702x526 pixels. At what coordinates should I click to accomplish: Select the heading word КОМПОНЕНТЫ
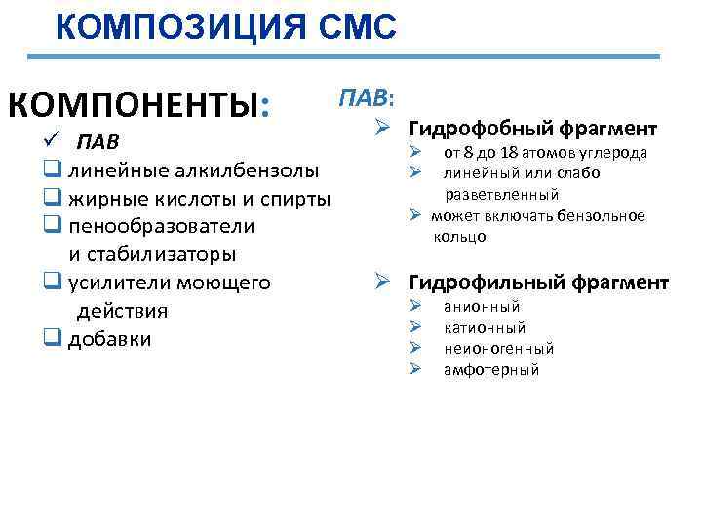[x=135, y=105]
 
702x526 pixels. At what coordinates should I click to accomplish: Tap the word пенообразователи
[x=161, y=227]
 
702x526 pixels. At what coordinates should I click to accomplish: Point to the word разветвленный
[x=502, y=194]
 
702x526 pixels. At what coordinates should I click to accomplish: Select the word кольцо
[x=461, y=237]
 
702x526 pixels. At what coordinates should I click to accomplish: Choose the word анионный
[x=482, y=307]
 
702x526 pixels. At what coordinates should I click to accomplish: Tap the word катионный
[x=485, y=327]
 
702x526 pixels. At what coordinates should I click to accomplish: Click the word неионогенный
[x=498, y=348]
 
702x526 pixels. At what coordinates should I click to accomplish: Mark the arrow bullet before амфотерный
[x=414, y=369]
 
